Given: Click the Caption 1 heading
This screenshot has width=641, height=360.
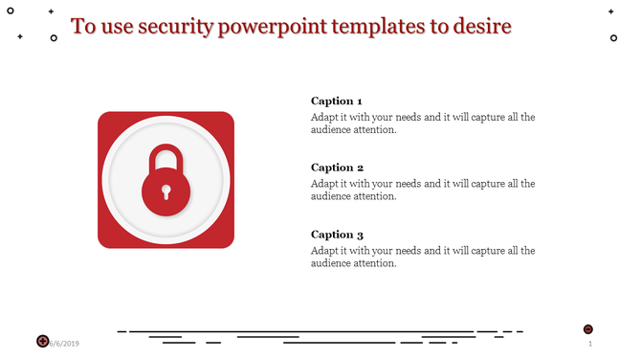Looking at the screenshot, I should point(337,101).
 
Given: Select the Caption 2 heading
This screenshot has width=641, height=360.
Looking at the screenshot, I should point(337,168).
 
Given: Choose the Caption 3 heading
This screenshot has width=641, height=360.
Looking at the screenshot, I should point(337,235).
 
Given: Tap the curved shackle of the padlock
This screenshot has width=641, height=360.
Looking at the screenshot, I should point(166,155).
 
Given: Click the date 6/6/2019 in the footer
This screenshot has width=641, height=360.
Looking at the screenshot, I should point(65,343).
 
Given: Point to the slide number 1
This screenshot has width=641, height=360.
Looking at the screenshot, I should point(590,343).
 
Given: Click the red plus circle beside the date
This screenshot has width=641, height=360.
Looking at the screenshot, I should point(43,341).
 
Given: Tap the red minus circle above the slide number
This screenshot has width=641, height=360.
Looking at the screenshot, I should point(587,328).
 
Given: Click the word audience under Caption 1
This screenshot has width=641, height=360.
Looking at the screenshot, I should point(331,130).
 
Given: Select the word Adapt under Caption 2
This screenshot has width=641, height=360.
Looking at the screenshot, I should point(325,184).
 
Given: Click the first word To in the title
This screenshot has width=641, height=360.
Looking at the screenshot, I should point(84,26).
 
